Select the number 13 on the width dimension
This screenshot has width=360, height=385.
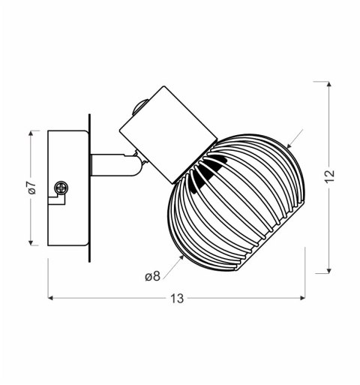(x=177, y=299)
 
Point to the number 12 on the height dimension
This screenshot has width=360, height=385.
(x=330, y=177)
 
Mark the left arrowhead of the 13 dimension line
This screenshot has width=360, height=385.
(x=52, y=298)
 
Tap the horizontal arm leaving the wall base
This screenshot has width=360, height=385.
(x=112, y=164)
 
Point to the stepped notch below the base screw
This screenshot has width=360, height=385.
(x=55, y=201)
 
